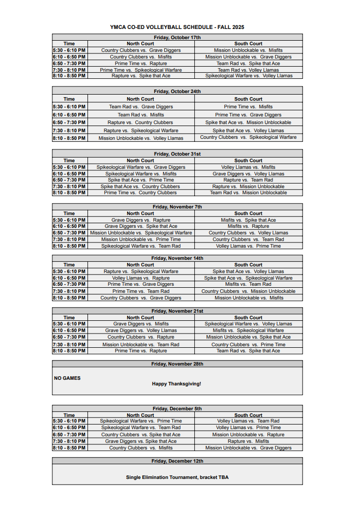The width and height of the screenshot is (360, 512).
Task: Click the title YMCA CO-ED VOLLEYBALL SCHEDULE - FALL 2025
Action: click(177, 27)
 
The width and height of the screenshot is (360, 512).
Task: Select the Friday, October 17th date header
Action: click(177, 38)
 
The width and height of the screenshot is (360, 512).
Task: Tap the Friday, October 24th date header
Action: click(177, 92)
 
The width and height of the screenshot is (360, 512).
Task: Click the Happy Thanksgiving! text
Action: click(176, 384)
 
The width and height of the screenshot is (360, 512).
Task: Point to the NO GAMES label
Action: click(67, 378)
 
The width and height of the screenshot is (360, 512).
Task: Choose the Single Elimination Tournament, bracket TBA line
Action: click(177, 477)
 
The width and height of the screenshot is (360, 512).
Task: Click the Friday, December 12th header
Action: click(177, 461)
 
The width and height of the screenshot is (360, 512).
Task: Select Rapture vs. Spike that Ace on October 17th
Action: click(141, 76)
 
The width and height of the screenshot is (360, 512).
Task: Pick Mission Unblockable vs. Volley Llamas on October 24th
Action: click(141, 138)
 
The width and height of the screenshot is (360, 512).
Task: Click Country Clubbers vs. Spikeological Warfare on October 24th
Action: click(248, 137)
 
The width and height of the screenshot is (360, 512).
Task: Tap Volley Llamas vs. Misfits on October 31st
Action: click(248, 167)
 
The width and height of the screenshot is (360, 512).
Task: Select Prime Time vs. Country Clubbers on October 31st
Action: click(140, 193)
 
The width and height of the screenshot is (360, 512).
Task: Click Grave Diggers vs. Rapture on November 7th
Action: click(141, 220)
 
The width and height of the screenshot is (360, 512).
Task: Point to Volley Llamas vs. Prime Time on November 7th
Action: click(248, 246)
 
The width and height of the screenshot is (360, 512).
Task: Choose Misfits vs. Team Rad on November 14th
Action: click(248, 284)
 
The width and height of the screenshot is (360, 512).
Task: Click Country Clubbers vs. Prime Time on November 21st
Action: click(248, 345)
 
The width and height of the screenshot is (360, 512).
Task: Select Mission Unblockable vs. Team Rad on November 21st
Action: click(141, 345)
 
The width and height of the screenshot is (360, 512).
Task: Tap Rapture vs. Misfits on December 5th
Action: click(248, 441)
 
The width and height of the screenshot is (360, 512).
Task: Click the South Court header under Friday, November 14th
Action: click(248, 265)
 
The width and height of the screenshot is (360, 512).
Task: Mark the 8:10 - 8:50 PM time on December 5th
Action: click(69, 448)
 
